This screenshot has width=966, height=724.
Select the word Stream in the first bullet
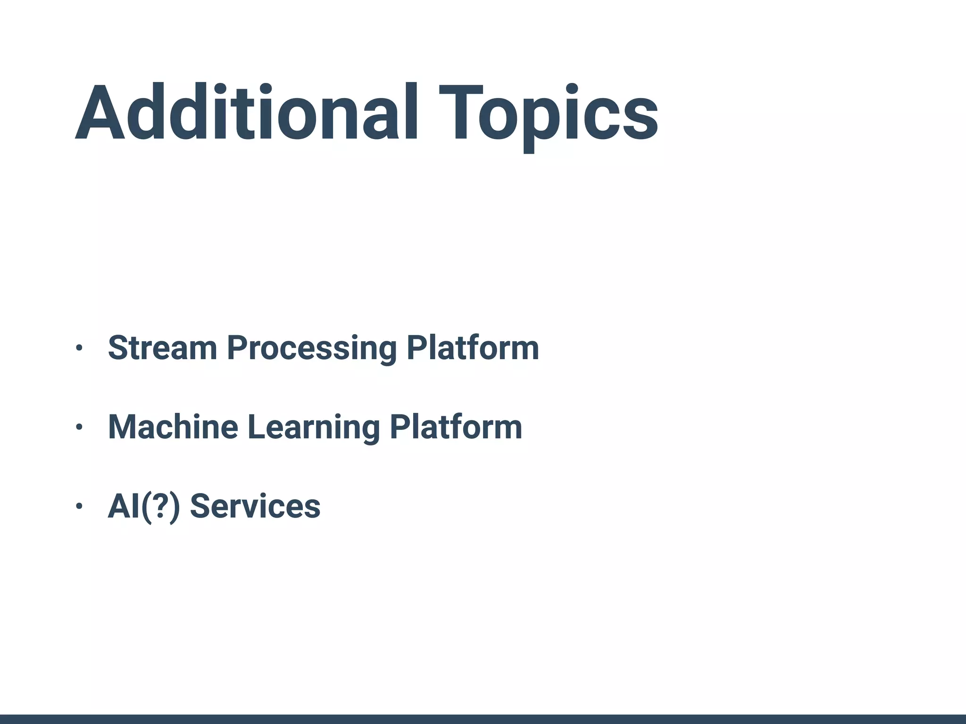pyautogui.click(x=162, y=348)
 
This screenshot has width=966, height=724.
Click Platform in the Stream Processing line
pyautogui.click(x=473, y=348)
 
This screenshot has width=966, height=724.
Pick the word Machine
pyautogui.click(x=173, y=427)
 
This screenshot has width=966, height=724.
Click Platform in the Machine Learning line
pyautogui.click(x=456, y=427)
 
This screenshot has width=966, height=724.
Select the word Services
pyautogui.click(x=255, y=506)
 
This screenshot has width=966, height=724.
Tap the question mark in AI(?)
pyautogui.click(x=161, y=506)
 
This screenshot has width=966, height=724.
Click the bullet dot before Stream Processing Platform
pyautogui.click(x=79, y=348)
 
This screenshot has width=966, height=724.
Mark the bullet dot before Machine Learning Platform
pyautogui.click(x=79, y=427)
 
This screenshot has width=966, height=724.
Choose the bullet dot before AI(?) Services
pyautogui.click(x=79, y=506)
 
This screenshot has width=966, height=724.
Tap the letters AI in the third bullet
pyautogui.click(x=123, y=506)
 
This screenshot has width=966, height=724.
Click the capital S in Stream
pyautogui.click(x=119, y=348)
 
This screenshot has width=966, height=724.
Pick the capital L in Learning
pyautogui.click(x=258, y=427)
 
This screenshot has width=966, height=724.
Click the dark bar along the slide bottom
pyautogui.click(x=483, y=719)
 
